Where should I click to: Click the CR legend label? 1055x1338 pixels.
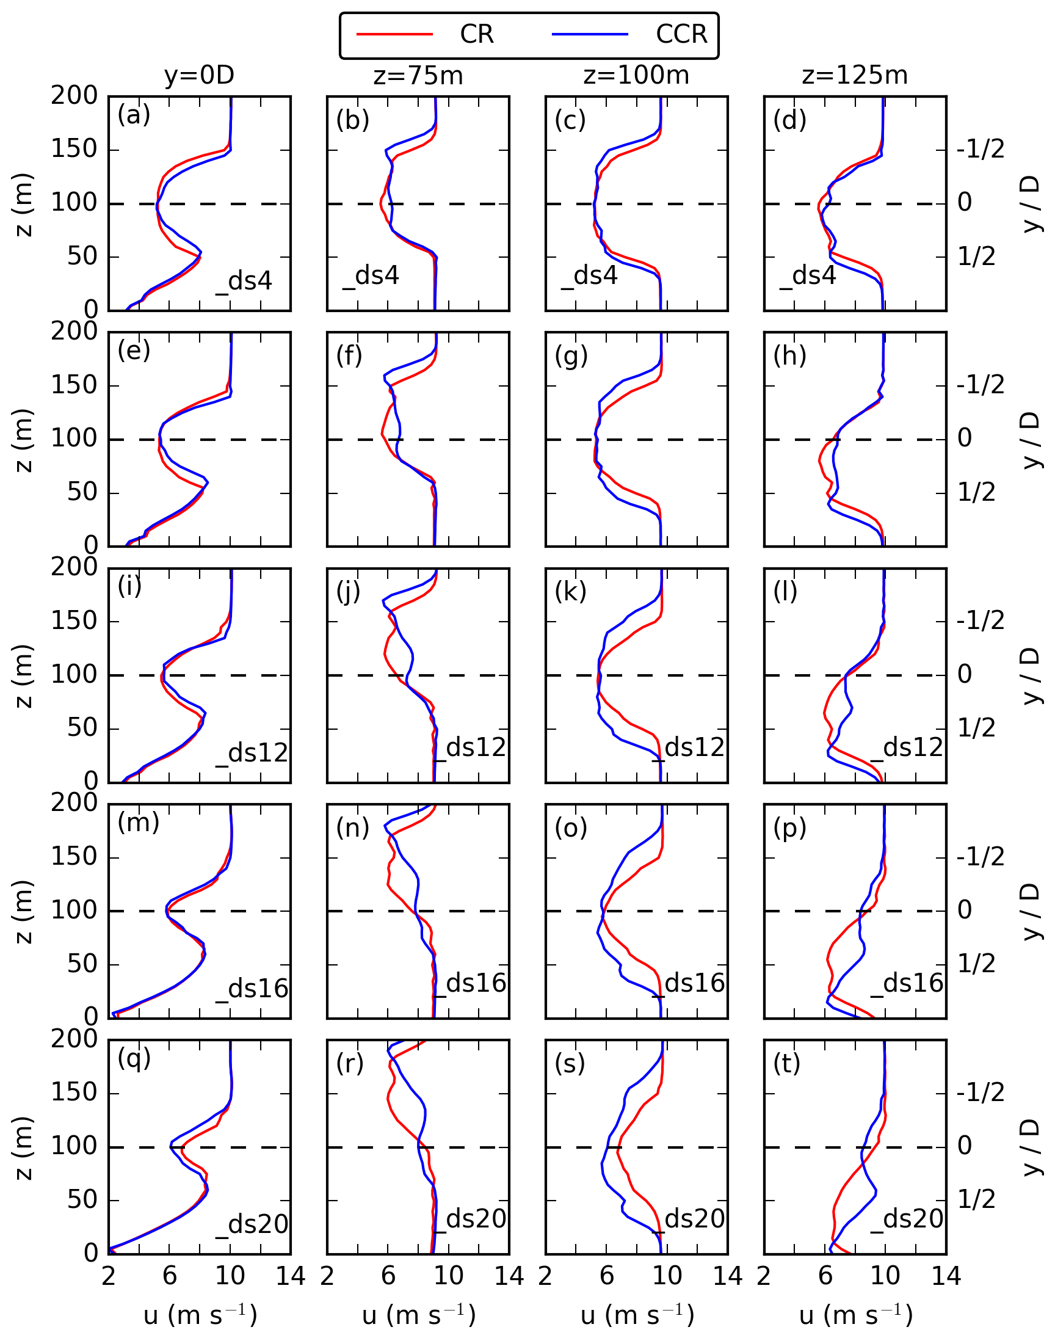(476, 34)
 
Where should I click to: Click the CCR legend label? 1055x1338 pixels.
(681, 34)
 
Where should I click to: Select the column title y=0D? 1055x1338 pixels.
(199, 75)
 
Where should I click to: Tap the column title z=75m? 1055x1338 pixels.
(418, 75)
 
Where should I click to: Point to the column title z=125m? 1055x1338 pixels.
(855, 75)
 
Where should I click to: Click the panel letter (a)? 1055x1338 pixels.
(134, 115)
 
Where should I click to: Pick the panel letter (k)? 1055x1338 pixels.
(570, 591)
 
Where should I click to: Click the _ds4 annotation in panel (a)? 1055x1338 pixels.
(244, 282)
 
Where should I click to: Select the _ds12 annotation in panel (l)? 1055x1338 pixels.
(907, 747)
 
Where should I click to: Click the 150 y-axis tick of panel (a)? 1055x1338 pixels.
(74, 149)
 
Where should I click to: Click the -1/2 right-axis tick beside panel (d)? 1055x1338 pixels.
(981, 149)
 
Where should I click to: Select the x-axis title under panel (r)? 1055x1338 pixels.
(418, 1315)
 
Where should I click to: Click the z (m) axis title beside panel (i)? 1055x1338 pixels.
(23, 675)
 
